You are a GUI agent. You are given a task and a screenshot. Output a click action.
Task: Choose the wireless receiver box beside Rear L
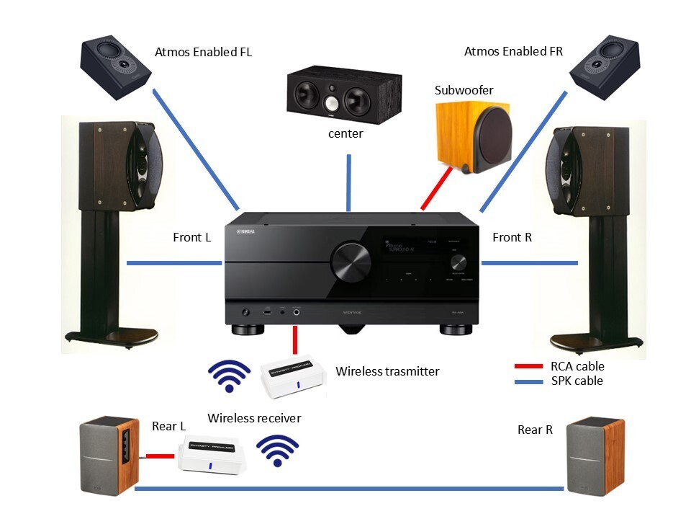pos(214,453)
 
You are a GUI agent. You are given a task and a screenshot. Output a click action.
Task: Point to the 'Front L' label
pos(191,237)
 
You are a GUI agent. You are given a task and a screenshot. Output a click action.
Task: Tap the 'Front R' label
pos(512,237)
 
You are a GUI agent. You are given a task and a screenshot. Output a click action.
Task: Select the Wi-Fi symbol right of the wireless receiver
pos(278,451)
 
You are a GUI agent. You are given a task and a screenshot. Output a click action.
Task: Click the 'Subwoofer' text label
pos(464,90)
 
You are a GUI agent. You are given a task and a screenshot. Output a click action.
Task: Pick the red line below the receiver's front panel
pos(295,341)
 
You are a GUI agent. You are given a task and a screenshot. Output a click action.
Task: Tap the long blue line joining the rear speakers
pos(349,489)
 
